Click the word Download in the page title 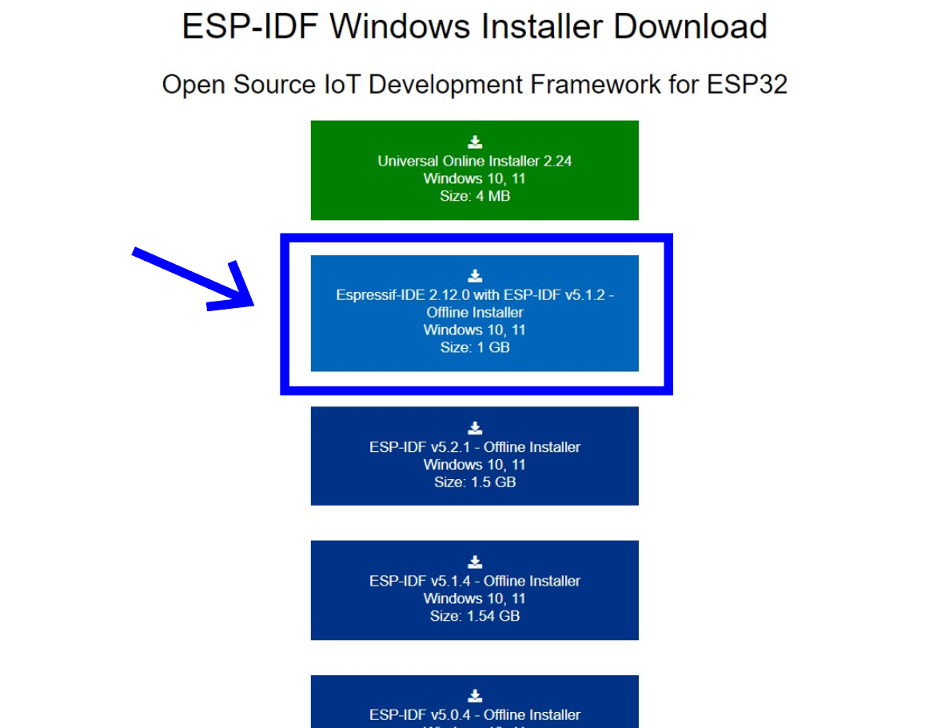point(690,26)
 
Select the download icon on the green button point(475,142)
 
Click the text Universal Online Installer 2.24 point(475,161)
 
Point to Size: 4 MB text point(475,196)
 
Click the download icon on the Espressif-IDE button point(475,276)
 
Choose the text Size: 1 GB point(475,347)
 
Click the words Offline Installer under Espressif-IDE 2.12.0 point(475,312)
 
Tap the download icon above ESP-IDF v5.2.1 point(475,428)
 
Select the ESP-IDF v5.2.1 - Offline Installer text point(475,446)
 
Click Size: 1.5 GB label point(475,482)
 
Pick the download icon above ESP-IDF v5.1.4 point(475,562)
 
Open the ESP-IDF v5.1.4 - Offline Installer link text point(475,581)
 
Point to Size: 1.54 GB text point(475,616)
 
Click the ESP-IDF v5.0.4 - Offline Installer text point(475,714)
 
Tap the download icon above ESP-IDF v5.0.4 point(475,695)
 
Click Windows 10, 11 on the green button point(475,178)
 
